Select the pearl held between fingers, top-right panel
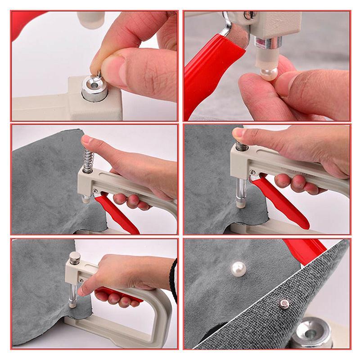point(269,73)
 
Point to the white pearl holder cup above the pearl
point(262,57)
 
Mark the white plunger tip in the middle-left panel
point(85,199)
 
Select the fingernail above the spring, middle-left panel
point(86,140)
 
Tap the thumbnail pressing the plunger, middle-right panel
point(238,133)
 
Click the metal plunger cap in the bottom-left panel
point(74,257)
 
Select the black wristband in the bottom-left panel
point(174,279)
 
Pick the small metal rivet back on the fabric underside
point(284,304)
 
